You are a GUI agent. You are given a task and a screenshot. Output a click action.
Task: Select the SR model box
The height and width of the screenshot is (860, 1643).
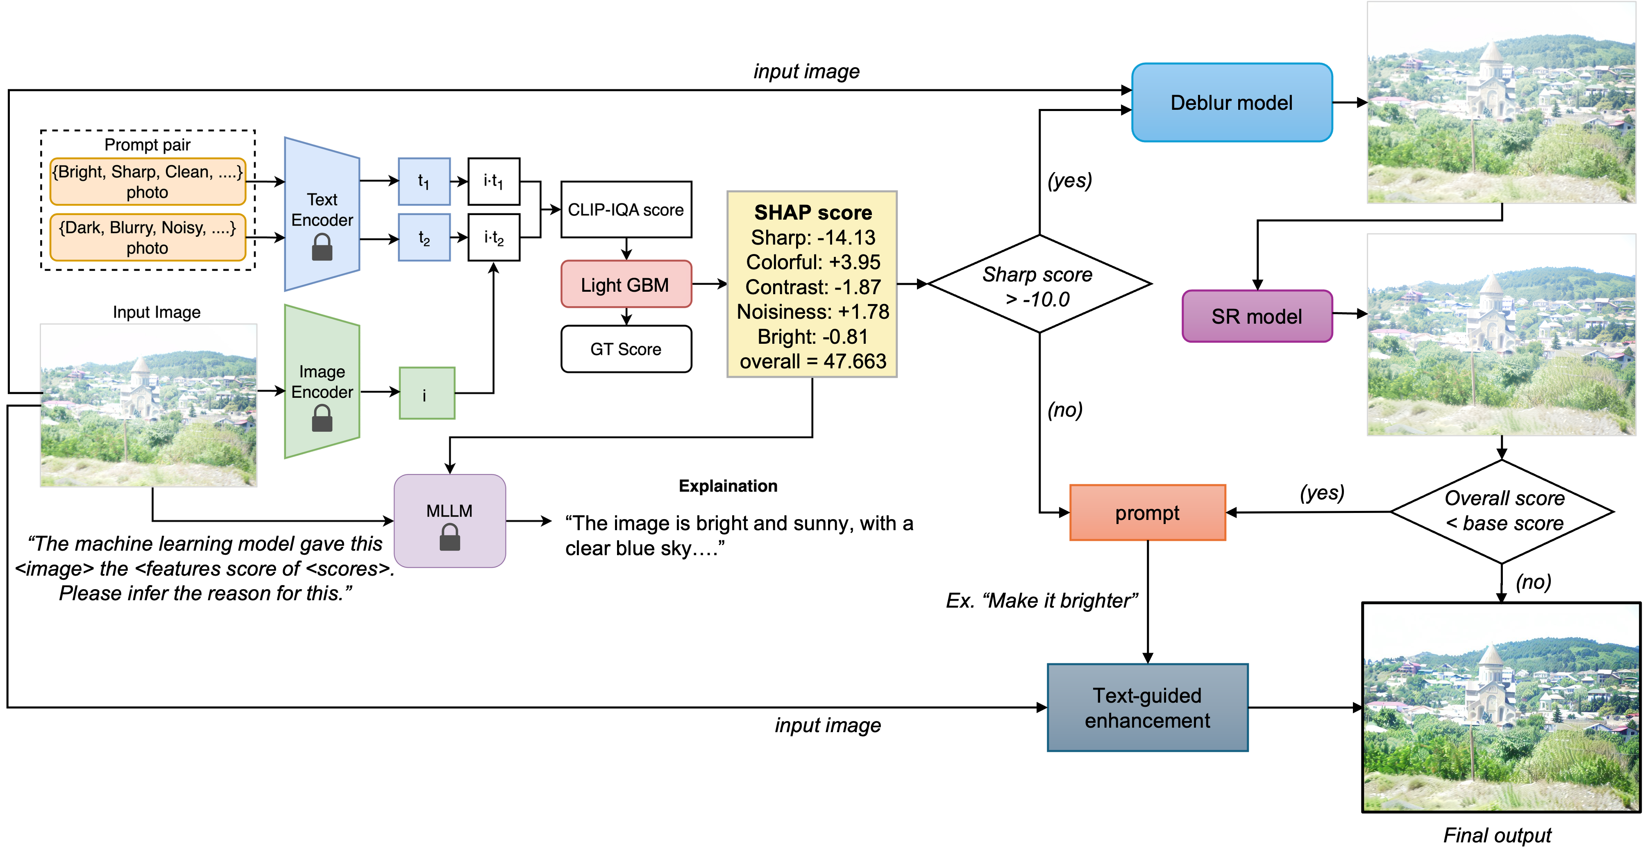[1257, 316]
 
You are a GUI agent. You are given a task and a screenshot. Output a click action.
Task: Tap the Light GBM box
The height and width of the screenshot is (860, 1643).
[626, 284]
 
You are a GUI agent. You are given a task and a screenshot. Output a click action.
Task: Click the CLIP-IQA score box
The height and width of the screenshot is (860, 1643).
[626, 210]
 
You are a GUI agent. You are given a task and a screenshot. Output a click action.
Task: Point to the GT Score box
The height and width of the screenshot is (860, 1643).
[626, 349]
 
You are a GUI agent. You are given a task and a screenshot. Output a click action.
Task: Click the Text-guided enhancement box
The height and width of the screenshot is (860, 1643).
[1147, 708]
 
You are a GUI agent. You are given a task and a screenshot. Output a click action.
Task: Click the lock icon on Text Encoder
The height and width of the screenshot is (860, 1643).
[322, 247]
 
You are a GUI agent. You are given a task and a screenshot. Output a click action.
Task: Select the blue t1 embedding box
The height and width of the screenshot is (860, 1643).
[424, 182]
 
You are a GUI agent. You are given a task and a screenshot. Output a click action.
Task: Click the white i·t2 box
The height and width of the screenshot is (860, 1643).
[494, 237]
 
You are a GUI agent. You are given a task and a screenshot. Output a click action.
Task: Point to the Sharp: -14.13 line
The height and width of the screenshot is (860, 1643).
[812, 237]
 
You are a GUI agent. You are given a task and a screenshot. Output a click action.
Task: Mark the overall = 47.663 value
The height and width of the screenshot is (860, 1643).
[812, 361]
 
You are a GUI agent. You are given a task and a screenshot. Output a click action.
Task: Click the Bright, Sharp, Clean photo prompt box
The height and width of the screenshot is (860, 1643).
[148, 182]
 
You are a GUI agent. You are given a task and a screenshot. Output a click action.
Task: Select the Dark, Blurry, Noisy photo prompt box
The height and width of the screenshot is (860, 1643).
[148, 237]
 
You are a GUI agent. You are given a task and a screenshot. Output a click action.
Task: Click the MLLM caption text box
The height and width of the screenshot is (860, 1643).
[739, 535]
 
